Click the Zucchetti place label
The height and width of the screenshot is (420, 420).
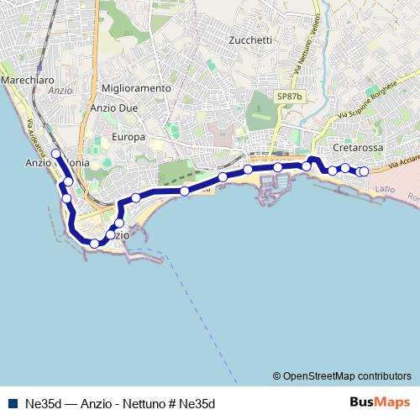coord(249,40)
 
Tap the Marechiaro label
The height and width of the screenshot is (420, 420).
coord(28,79)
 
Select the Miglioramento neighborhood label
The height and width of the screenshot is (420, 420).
coord(135,88)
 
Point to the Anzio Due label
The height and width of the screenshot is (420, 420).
coord(113,108)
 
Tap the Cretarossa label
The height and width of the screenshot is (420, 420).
coord(358,147)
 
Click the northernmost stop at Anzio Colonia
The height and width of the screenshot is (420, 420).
coord(55,154)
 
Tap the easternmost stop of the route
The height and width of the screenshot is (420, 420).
coord(364,172)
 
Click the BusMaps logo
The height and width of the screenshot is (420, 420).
coord(380,402)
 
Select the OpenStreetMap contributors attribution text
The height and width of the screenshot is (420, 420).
coord(342,375)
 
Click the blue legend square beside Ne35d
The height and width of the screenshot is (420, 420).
coord(12,403)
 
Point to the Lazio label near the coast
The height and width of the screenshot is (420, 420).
coord(386,190)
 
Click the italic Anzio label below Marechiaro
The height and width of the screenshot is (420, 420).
coord(60,91)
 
